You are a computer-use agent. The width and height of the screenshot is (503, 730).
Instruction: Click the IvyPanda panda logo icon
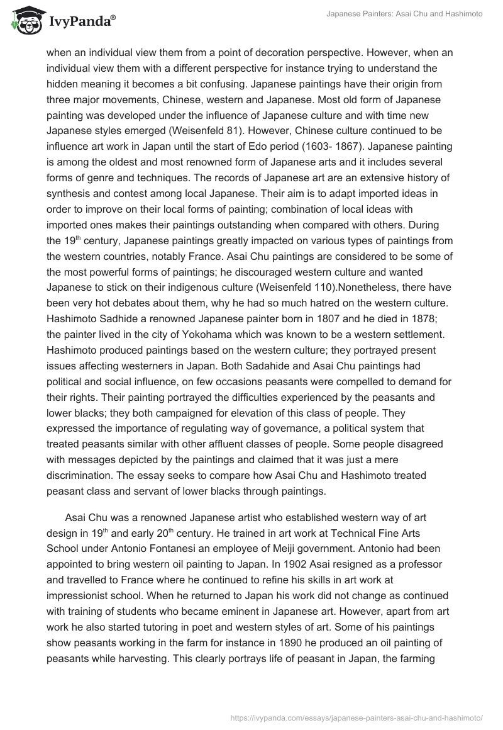[x=25, y=21]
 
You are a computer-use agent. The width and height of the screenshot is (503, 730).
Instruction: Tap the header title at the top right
[x=404, y=14]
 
